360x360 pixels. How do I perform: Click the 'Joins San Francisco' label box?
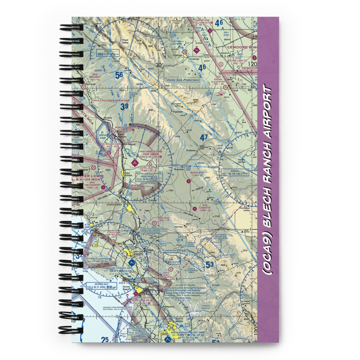[183, 80]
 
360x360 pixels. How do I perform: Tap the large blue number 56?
[119, 76]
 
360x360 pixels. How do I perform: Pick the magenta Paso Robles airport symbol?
[135, 163]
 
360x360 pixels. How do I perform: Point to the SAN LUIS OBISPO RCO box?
[154, 230]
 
